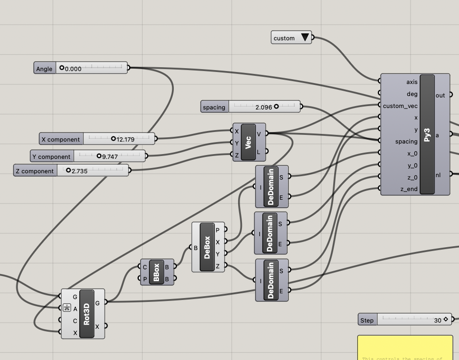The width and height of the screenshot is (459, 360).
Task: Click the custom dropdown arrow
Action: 305,37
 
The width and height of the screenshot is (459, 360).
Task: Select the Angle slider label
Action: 44,69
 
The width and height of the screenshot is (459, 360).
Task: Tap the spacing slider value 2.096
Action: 264,107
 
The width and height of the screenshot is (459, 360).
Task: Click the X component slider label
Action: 60,139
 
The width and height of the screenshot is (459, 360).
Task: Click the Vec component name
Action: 248,143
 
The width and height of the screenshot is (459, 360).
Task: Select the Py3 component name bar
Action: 427,134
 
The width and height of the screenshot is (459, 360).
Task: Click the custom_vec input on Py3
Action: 400,106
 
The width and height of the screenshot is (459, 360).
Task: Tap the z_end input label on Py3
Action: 409,189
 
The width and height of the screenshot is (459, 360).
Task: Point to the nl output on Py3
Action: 438,175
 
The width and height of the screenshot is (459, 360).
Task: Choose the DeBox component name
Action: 207,247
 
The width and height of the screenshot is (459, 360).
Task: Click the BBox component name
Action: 156,272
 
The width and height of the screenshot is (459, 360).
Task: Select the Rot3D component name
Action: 86,313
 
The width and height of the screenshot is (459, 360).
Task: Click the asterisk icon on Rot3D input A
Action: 67,308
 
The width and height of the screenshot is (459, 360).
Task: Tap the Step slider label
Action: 367,320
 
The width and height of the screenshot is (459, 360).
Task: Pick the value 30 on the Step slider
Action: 437,320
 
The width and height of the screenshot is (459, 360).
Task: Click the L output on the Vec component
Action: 259,152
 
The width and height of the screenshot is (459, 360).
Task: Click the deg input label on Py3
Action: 412,94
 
